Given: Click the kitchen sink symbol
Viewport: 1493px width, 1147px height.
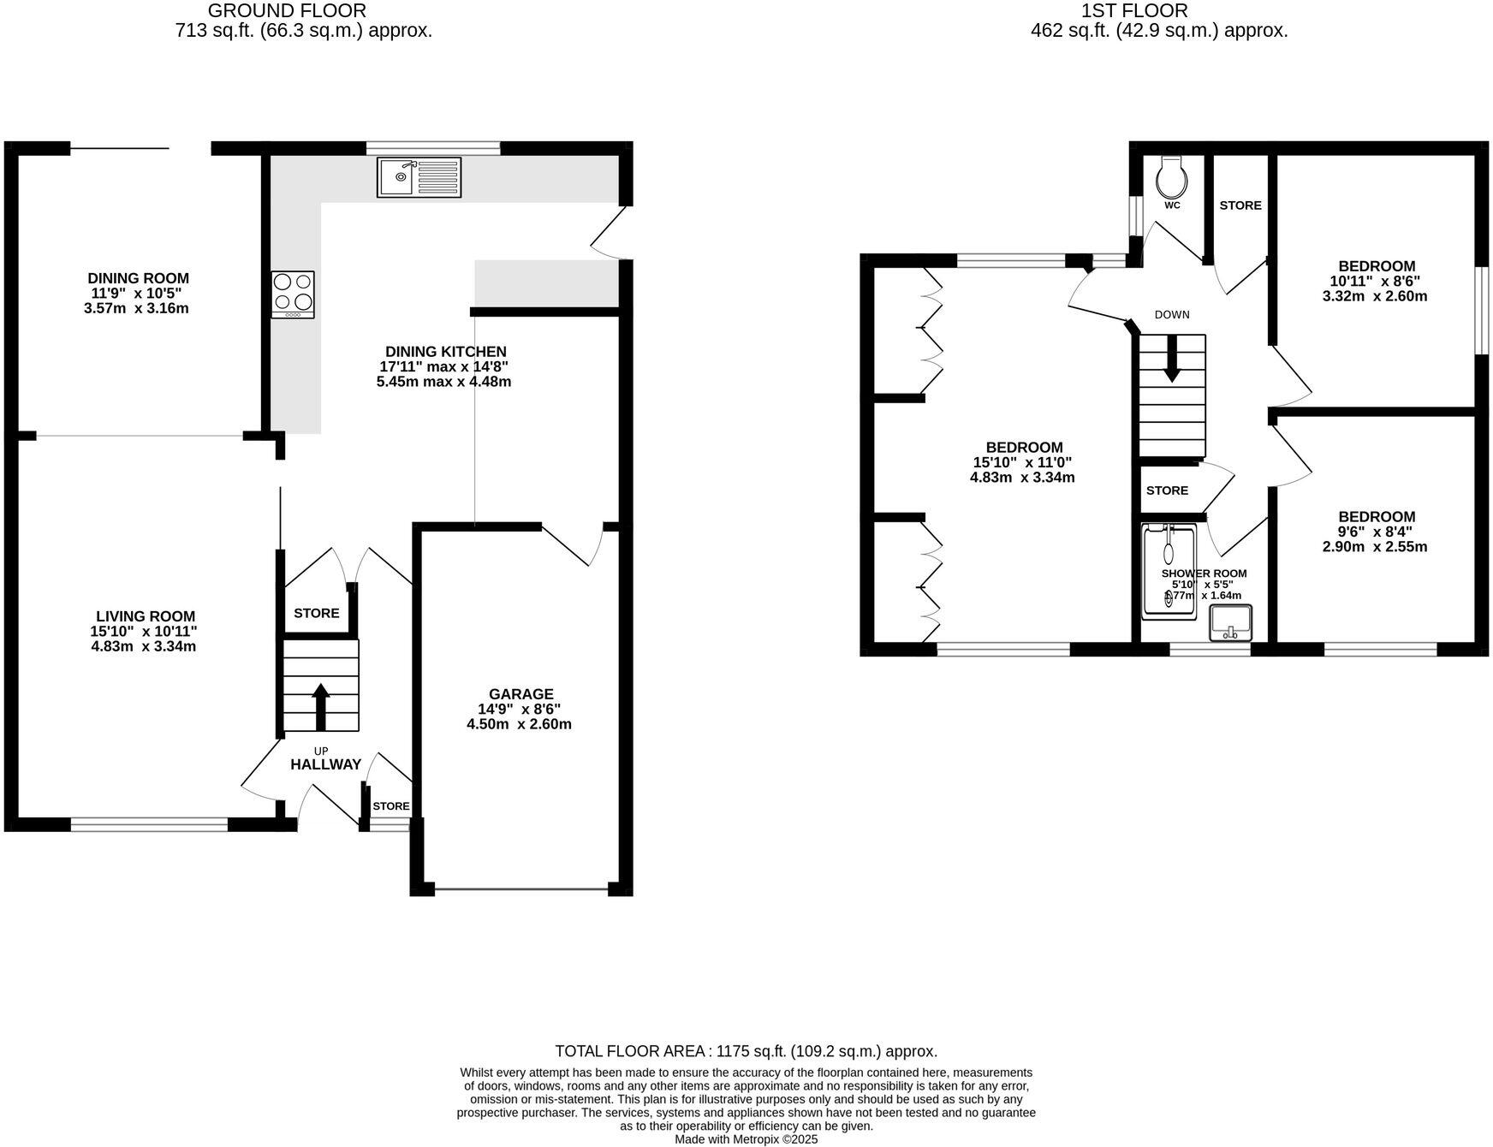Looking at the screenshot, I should pyautogui.click(x=419, y=177).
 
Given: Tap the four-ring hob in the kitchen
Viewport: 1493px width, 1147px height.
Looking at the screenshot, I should pyautogui.click(x=293, y=294).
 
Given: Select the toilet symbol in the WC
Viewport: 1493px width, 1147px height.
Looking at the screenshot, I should pyautogui.click(x=1169, y=177).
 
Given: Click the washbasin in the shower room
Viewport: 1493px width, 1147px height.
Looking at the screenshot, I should pyautogui.click(x=1230, y=622).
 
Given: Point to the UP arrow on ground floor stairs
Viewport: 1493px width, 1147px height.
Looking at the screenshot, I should pyautogui.click(x=321, y=705).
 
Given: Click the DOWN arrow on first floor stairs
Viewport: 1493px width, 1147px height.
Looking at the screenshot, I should pyautogui.click(x=1171, y=358).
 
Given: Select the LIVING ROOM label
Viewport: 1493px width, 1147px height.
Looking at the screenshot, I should pyautogui.click(x=145, y=615).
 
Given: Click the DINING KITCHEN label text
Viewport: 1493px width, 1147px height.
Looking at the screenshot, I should pyautogui.click(x=445, y=351).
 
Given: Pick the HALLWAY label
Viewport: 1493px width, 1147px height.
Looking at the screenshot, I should pyautogui.click(x=325, y=764).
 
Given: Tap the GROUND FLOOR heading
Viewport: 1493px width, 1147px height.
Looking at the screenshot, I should pyautogui.click(x=287, y=11).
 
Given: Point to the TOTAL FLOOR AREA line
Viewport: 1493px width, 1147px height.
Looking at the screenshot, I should pyautogui.click(x=746, y=1051).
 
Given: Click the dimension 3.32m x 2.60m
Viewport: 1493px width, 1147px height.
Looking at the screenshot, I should pyautogui.click(x=1377, y=296).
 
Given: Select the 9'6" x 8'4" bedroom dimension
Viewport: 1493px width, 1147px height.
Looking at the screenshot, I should pyautogui.click(x=1377, y=532).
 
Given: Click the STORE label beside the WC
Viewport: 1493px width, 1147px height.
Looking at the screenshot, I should pyautogui.click(x=1240, y=205).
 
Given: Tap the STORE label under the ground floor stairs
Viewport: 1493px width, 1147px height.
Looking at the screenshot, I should pyautogui.click(x=316, y=613).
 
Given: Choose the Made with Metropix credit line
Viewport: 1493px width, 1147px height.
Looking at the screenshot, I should pyautogui.click(x=746, y=1139).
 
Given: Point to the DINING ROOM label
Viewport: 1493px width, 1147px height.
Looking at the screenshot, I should pyautogui.click(x=138, y=277).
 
